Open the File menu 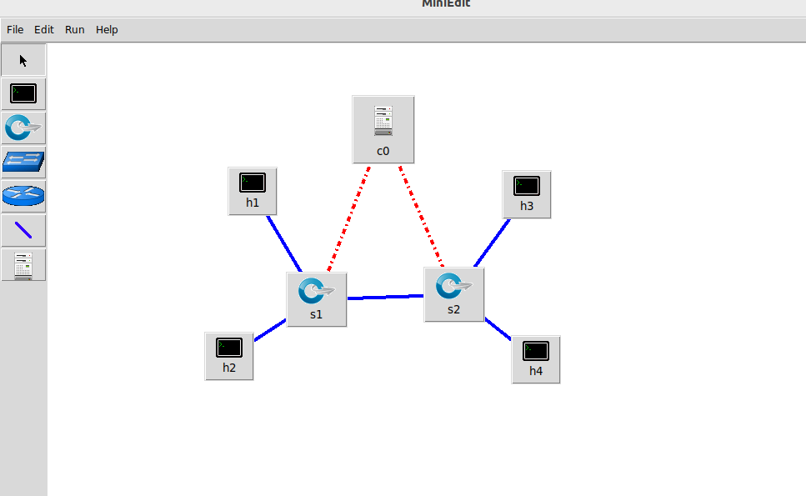coord(15,29)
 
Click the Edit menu coord(43,29)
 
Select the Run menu coord(75,29)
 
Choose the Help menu coord(107,29)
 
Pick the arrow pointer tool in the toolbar coord(23,60)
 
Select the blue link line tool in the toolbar coord(23,230)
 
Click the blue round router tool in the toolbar coord(23,196)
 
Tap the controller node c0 coord(383,128)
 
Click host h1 coord(252,190)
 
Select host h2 coord(228,355)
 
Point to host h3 coord(526,193)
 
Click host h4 coord(535,358)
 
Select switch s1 coord(316,298)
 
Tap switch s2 coord(453,293)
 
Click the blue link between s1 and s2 coord(385,296)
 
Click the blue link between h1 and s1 coord(283,243)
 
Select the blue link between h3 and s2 coord(492,243)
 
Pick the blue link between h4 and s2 coord(498,328)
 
